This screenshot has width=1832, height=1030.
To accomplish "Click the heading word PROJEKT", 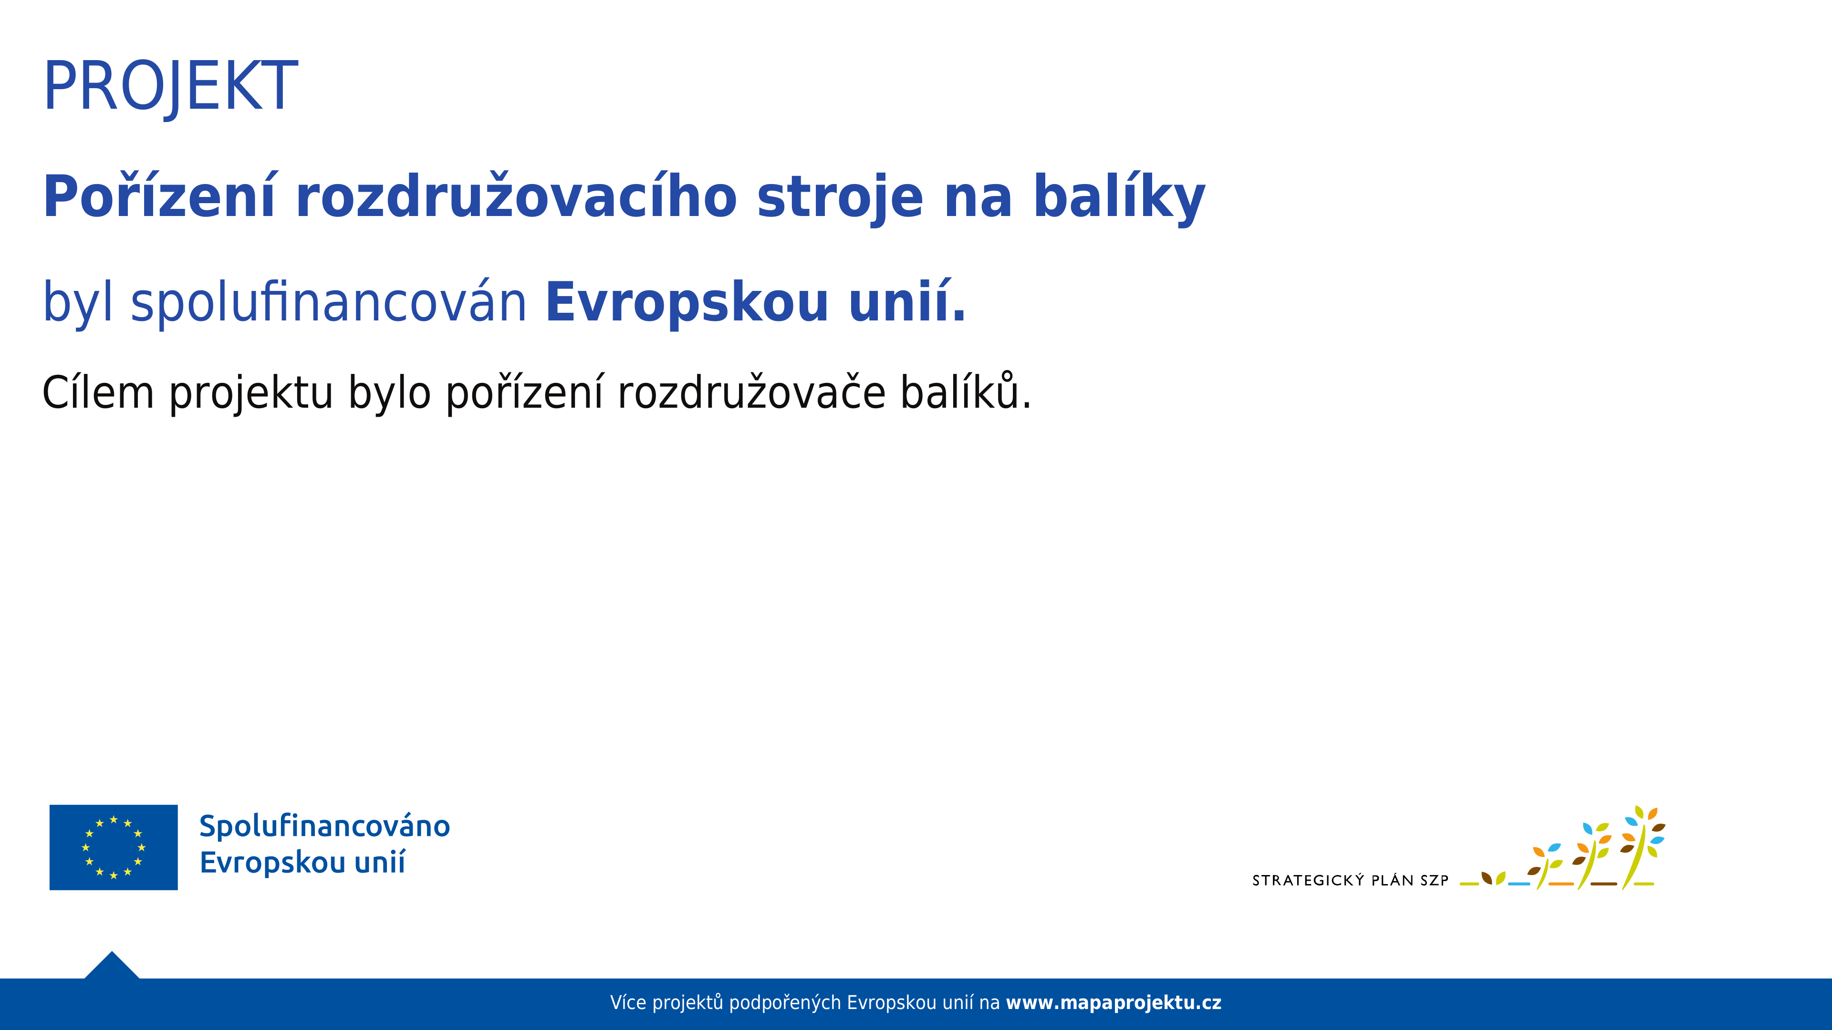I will (x=171, y=87).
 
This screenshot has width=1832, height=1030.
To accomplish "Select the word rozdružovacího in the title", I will (x=516, y=197).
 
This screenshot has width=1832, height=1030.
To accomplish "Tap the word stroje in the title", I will (x=840, y=197).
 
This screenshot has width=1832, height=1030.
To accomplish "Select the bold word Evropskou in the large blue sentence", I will (x=687, y=303).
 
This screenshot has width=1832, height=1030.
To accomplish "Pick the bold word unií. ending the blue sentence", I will (x=907, y=303).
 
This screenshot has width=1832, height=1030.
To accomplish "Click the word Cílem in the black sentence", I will (x=98, y=393).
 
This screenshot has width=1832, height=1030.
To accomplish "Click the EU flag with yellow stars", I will (x=114, y=847).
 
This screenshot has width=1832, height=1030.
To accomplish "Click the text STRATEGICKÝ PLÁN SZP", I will (x=1350, y=881).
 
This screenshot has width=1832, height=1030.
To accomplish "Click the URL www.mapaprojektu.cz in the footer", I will (x=1113, y=1003).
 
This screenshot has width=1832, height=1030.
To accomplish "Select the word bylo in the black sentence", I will (x=389, y=393).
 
